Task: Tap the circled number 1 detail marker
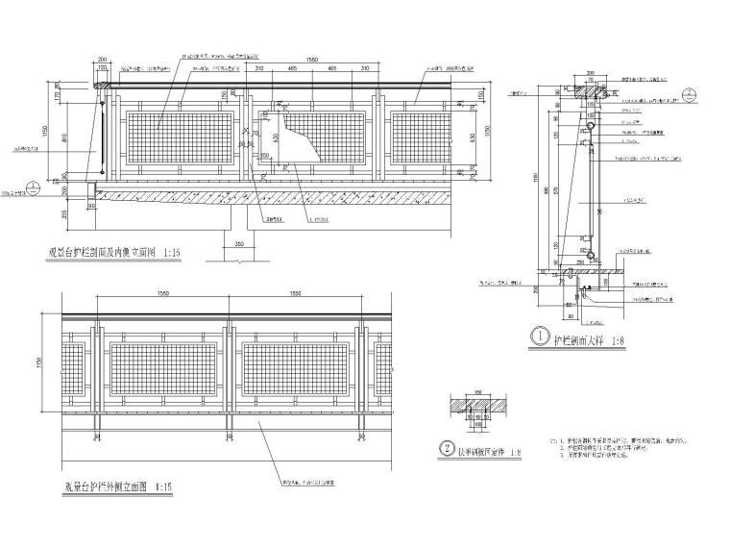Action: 540,338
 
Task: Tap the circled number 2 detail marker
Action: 448,446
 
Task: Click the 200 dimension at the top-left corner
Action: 103,60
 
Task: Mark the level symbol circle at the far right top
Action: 688,93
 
